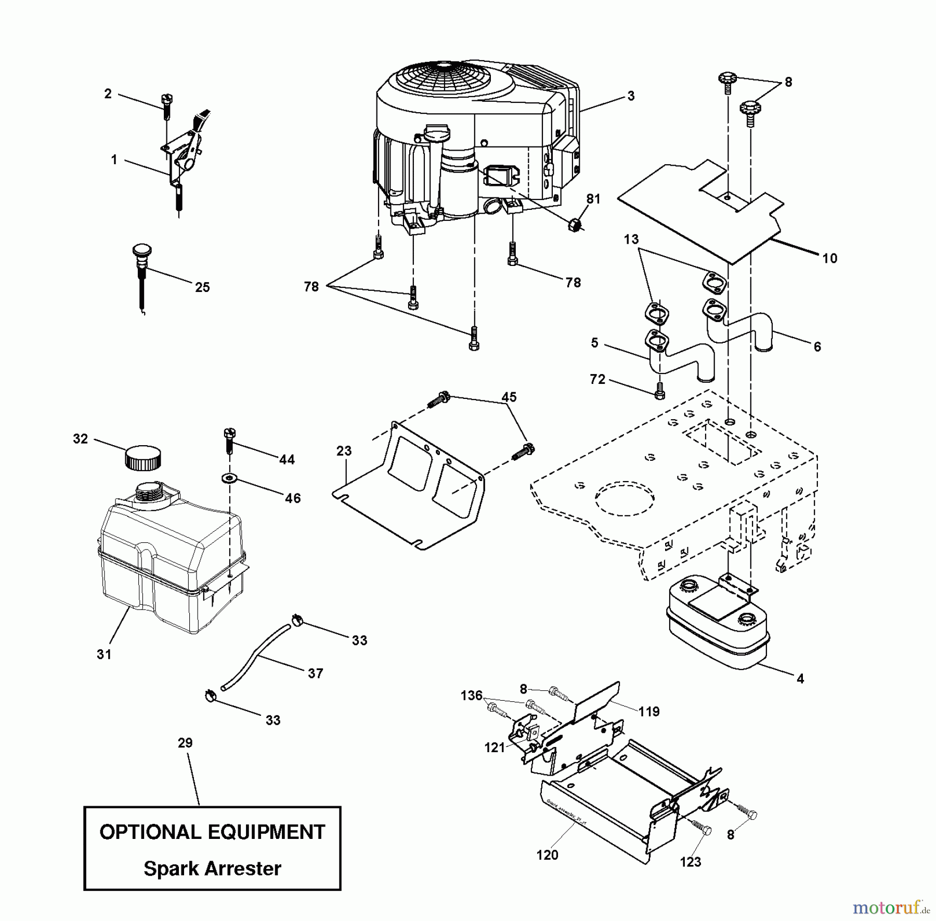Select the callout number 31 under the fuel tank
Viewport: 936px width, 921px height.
pos(104,655)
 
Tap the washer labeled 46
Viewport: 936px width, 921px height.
pos(227,477)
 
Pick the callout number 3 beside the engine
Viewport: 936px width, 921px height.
pos(631,96)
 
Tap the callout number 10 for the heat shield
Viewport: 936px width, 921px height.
pos(829,258)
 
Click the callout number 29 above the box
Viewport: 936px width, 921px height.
pos(185,743)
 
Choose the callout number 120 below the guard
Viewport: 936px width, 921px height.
pos(547,855)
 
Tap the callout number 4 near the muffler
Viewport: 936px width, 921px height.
pos(800,678)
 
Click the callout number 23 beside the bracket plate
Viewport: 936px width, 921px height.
pos(344,451)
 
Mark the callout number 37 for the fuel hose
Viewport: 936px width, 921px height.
pos(315,673)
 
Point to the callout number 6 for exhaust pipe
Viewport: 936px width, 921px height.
pos(817,346)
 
